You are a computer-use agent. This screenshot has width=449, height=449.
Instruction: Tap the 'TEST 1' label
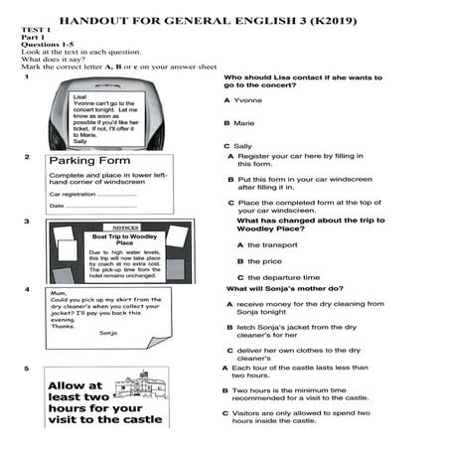pyautogui.click(x=35, y=31)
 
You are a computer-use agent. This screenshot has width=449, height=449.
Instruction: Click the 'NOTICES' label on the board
pyautogui.click(x=125, y=226)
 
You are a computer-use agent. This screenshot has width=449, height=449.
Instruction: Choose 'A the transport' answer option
pyautogui.click(x=265, y=244)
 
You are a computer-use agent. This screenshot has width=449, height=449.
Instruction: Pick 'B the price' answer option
pyautogui.click(x=257, y=261)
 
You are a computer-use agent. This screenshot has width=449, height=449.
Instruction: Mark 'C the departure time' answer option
pyautogui.click(x=277, y=277)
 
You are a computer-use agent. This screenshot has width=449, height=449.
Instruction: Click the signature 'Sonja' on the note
pyautogui.click(x=108, y=333)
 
